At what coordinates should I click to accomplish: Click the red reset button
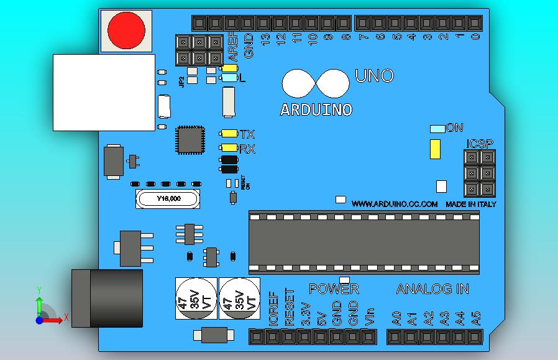coord(126,30)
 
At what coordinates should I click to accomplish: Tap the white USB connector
coord(104,92)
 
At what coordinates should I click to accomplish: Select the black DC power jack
coord(107,298)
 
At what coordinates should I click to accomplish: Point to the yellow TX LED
coord(229,134)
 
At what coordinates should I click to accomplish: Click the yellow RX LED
coord(229,148)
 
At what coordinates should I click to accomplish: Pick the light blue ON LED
coord(437,129)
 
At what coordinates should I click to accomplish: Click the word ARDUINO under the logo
coord(316,110)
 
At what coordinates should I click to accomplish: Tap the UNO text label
coord(374,76)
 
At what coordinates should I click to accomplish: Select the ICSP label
coord(480,144)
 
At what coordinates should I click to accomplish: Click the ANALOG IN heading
coord(432,289)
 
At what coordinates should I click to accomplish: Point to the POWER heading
coord(334,289)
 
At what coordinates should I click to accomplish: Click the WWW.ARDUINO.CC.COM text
coord(395,204)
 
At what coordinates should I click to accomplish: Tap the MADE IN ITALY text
coord(470,204)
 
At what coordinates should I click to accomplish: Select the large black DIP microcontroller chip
coord(364,242)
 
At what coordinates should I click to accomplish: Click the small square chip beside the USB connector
coord(190,140)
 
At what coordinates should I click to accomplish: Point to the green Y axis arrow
coord(39,305)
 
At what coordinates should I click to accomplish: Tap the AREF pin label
coord(234,44)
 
